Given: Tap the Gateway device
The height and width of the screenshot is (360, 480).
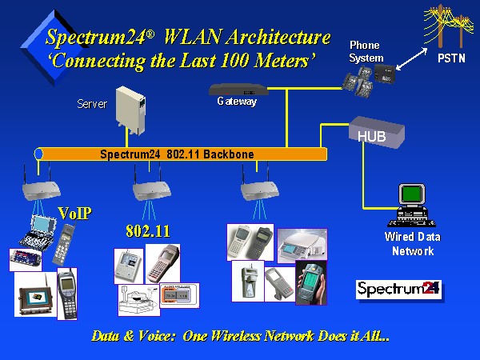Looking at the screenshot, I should coord(238,90).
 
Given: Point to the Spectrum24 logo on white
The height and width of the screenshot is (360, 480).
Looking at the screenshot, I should coord(398,290).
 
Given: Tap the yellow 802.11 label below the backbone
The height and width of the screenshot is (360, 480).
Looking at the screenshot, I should coord(149,231).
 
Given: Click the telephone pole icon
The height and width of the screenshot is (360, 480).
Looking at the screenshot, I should coord(445,23).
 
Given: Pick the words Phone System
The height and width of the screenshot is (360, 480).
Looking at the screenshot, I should coord(366,51).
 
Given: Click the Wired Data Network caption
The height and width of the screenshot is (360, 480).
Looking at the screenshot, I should coord(412,244).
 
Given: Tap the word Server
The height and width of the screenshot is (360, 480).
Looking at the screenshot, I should coord(92,104).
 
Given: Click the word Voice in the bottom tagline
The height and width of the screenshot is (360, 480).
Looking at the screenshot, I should coord(154,336).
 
